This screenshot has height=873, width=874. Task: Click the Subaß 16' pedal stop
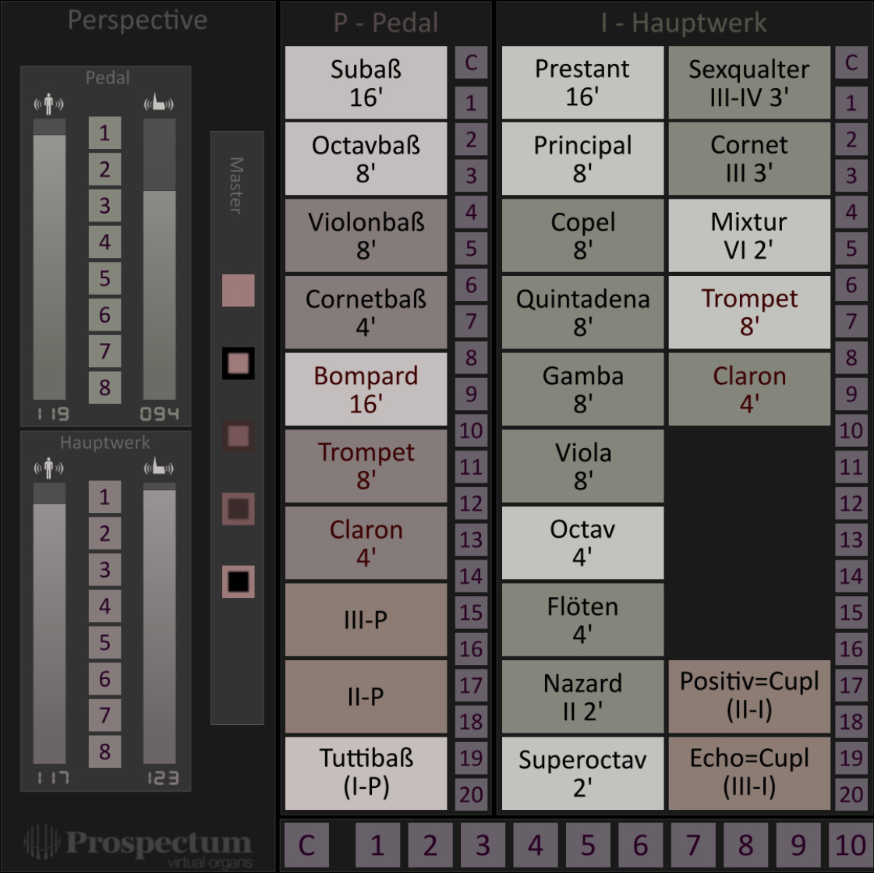366,83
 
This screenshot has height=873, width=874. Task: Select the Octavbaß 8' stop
366,159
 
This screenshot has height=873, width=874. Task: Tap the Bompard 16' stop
366,389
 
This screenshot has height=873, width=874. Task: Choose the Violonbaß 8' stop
366,235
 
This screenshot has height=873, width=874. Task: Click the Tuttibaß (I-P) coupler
366,772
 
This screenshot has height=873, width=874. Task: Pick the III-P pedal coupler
366,620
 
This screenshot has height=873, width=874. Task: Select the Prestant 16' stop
582,83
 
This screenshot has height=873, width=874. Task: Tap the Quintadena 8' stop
582,312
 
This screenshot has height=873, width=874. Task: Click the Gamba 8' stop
582,389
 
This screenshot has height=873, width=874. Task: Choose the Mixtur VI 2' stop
749,235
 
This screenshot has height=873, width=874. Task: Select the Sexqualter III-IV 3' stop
749,83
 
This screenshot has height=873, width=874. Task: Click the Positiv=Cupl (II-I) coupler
749,696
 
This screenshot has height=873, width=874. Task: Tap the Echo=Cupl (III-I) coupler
749,772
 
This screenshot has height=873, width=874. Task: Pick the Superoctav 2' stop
582,772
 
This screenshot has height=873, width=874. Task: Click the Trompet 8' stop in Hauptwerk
749,312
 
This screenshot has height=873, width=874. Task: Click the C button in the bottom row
306,845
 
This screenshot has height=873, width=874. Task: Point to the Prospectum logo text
158,843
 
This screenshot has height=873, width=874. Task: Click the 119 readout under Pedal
52,414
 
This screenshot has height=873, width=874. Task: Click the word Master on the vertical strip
236,186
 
